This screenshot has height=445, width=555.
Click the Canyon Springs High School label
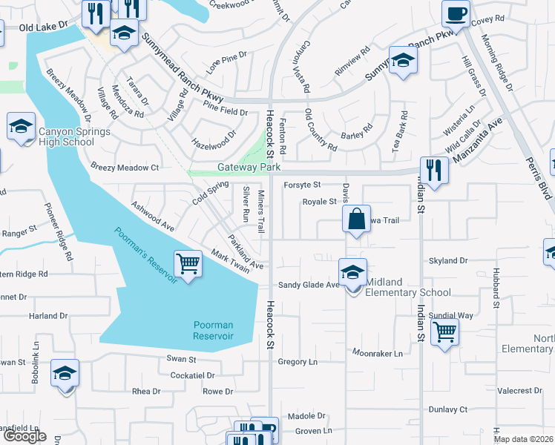click(x=73, y=136)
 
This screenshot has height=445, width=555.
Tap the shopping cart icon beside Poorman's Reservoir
click(x=188, y=263)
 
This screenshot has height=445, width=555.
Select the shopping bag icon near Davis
click(x=356, y=219)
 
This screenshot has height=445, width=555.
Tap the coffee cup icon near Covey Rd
click(x=455, y=13)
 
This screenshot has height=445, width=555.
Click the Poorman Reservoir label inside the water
click(x=213, y=330)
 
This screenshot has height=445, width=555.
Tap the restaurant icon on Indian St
click(x=434, y=170)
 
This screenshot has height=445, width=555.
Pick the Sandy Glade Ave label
click(x=308, y=284)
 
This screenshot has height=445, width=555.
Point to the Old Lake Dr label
click(x=43, y=25)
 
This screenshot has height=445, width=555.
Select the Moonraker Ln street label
click(x=377, y=354)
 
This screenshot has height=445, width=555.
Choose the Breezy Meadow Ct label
click(x=125, y=168)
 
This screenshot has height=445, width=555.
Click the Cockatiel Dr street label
click(x=192, y=376)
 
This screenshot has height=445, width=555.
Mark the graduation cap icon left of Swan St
click(x=65, y=372)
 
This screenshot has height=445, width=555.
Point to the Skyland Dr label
click(x=449, y=261)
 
